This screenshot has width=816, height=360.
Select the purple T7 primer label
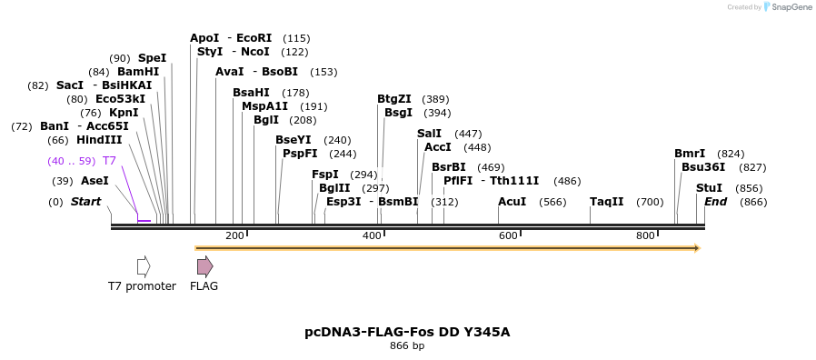(x=109, y=161)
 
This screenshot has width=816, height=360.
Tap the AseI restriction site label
(x=95, y=181)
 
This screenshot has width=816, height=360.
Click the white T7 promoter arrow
(x=143, y=266)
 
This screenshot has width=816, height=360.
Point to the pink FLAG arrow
(x=205, y=266)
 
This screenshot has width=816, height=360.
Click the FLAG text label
(x=204, y=286)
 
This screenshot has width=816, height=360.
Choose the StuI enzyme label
(x=709, y=188)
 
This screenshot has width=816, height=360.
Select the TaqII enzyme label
(x=606, y=202)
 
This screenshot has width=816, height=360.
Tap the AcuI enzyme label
(x=512, y=202)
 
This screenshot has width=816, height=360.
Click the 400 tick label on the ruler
(x=372, y=236)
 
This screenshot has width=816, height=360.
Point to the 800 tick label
(x=645, y=236)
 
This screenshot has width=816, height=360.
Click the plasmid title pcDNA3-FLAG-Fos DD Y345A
(x=407, y=332)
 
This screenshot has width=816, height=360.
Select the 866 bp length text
(x=407, y=346)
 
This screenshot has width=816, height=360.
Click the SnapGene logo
(x=788, y=7)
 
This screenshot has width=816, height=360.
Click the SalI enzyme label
(x=429, y=134)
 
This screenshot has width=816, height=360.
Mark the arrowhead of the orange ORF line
(x=697, y=247)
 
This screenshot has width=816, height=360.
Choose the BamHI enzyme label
(x=138, y=72)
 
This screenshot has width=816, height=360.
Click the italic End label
(x=716, y=202)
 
